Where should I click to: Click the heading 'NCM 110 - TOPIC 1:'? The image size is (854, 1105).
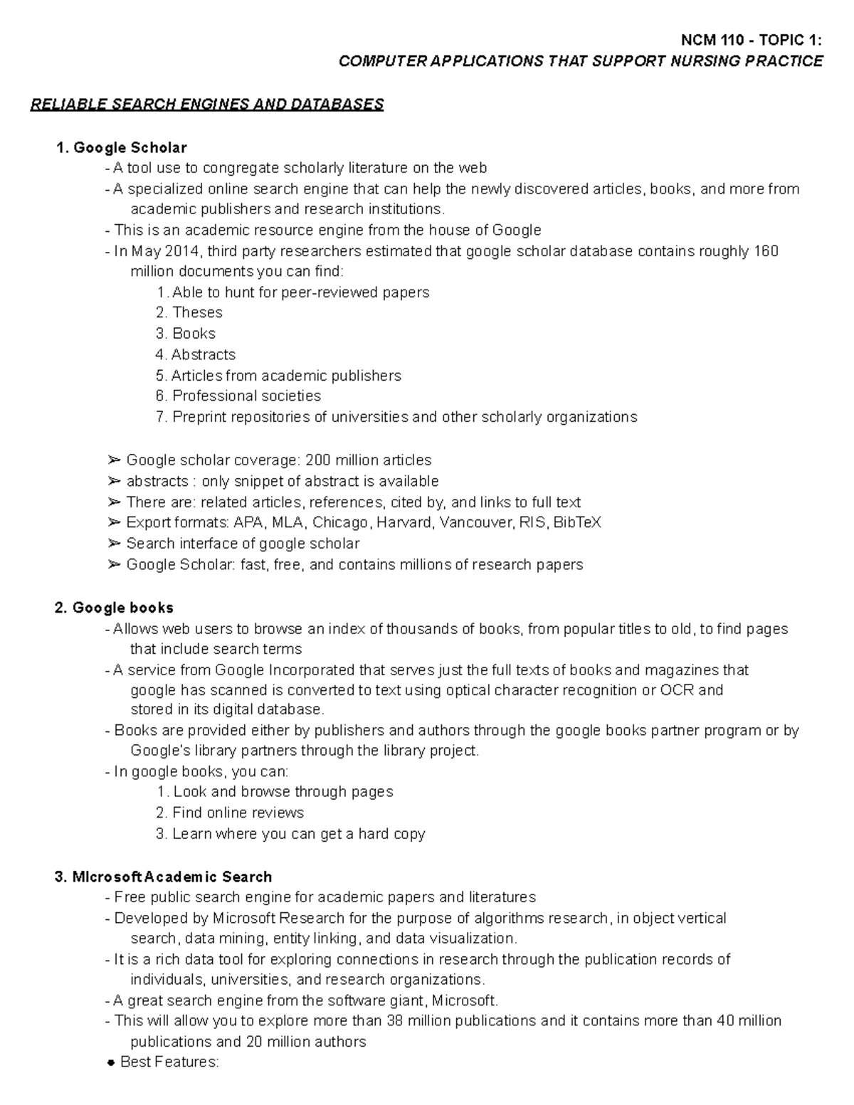[x=752, y=41]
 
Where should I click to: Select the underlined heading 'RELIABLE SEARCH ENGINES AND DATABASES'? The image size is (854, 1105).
[x=206, y=105]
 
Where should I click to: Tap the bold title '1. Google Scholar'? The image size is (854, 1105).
[x=121, y=148]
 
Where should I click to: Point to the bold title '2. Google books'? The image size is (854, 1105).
[x=114, y=608]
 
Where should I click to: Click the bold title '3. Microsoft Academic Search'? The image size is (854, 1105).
[x=163, y=877]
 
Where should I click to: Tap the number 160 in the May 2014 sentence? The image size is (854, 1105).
[x=766, y=251]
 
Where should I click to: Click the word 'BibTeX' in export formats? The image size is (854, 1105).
[x=577, y=522]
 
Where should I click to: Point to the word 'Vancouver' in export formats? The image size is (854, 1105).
[x=476, y=522]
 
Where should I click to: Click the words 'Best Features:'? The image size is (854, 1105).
[x=170, y=1062]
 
